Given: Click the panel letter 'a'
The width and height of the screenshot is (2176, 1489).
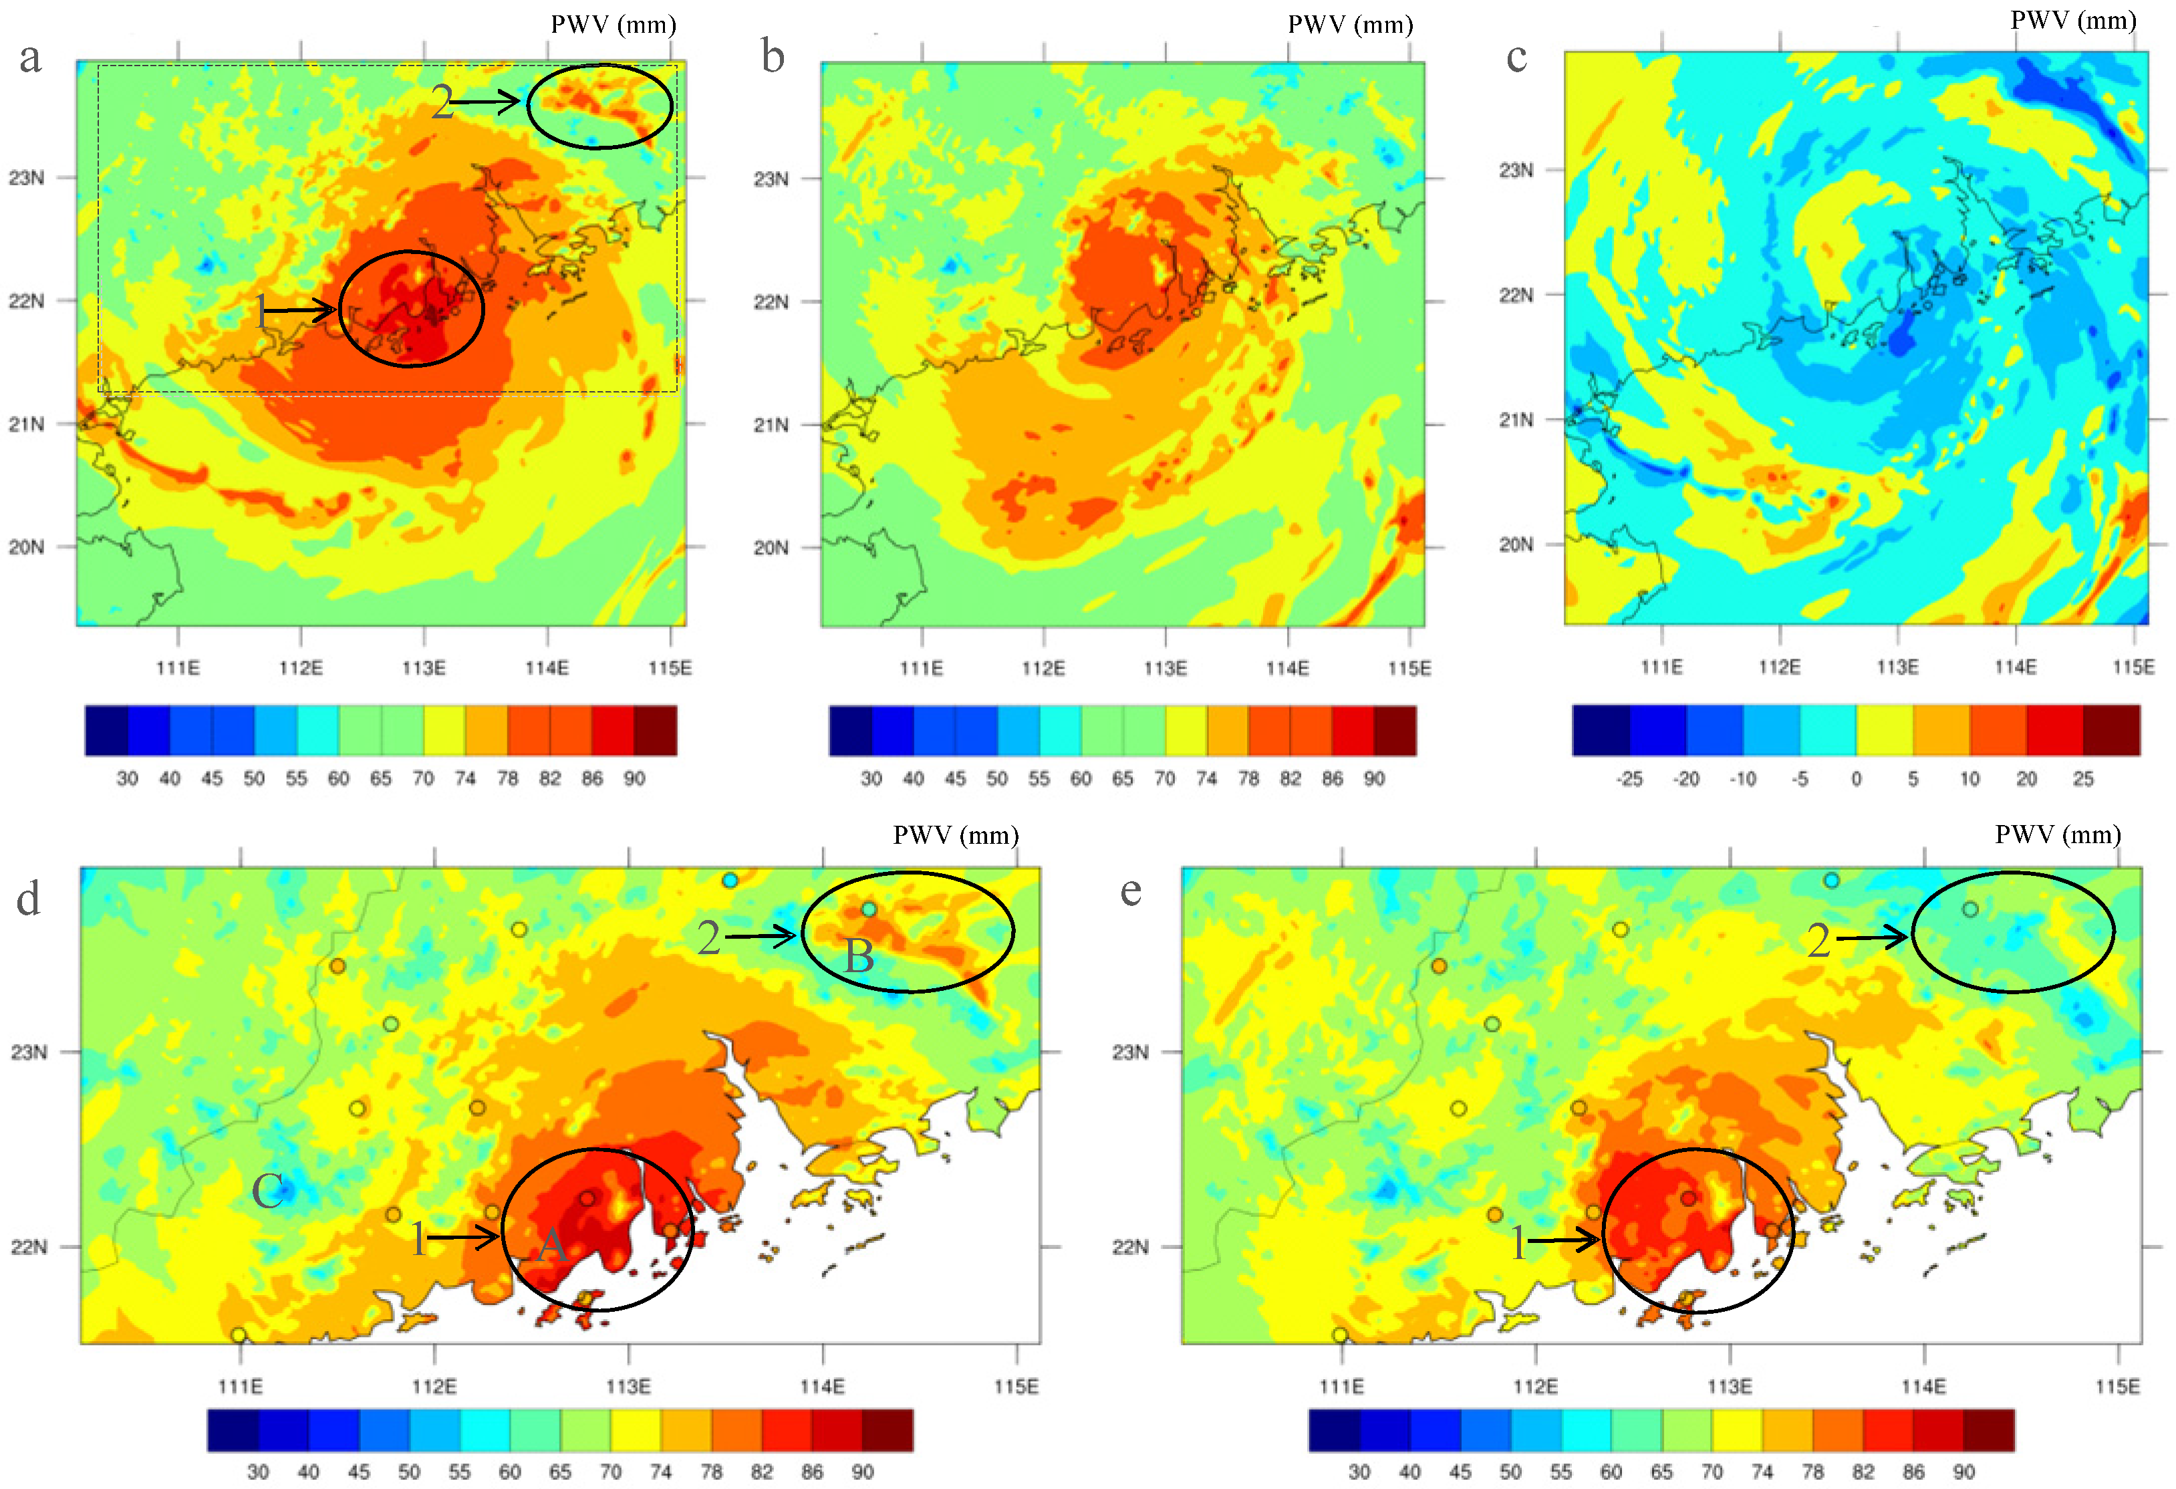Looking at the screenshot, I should click(x=30, y=58).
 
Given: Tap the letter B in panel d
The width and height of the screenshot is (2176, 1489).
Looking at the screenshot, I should click(x=859, y=956).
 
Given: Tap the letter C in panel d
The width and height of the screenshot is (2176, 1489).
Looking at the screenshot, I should click(x=268, y=1191).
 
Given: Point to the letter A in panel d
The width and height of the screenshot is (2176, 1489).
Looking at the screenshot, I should click(x=551, y=1244).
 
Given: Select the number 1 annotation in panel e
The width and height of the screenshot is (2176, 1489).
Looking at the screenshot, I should click(x=1518, y=1243).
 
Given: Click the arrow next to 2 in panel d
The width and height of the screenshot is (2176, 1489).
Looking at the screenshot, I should click(x=761, y=935).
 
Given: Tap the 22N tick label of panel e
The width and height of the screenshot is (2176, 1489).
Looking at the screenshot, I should click(x=1129, y=1248).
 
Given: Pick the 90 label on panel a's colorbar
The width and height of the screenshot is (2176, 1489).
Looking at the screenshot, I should click(x=634, y=778).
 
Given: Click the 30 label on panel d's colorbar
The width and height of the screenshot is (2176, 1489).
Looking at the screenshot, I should click(x=257, y=1471).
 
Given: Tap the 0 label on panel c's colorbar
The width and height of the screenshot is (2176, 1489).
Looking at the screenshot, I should click(x=1856, y=779).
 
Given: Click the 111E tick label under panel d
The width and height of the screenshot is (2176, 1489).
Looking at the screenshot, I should click(x=241, y=1386).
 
